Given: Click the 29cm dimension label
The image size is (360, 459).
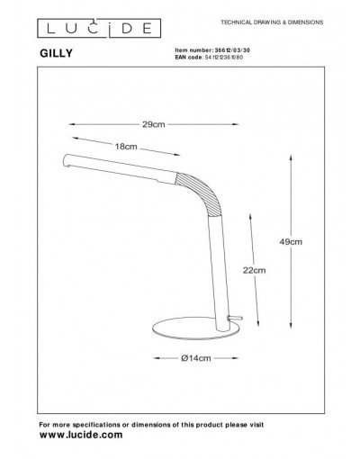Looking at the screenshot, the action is [x=154, y=124].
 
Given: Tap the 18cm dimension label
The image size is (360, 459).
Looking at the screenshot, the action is [x=126, y=147].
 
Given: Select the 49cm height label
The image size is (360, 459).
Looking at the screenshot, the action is [x=291, y=241].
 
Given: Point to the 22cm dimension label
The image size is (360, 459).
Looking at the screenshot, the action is [x=254, y=270].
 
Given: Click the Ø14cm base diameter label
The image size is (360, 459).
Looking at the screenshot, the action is [x=196, y=358].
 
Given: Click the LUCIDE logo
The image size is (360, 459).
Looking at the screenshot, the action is [x=99, y=28].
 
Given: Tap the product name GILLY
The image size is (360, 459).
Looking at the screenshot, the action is [x=56, y=53].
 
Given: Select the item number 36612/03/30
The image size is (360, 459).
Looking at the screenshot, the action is [x=231, y=50].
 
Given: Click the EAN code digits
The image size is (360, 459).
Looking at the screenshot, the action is [x=224, y=57].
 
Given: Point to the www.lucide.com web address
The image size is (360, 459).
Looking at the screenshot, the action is [x=81, y=435].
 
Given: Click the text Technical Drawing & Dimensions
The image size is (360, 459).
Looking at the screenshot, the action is [x=272, y=22].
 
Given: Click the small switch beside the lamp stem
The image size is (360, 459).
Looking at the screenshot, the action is [x=235, y=318].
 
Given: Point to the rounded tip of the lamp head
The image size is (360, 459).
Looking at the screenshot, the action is [x=66, y=161].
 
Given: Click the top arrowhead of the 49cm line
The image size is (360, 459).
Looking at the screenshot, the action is [x=291, y=157].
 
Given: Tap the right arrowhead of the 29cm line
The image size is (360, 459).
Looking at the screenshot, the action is [x=235, y=124].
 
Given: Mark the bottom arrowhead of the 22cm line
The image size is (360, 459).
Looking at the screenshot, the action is [x=258, y=322].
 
